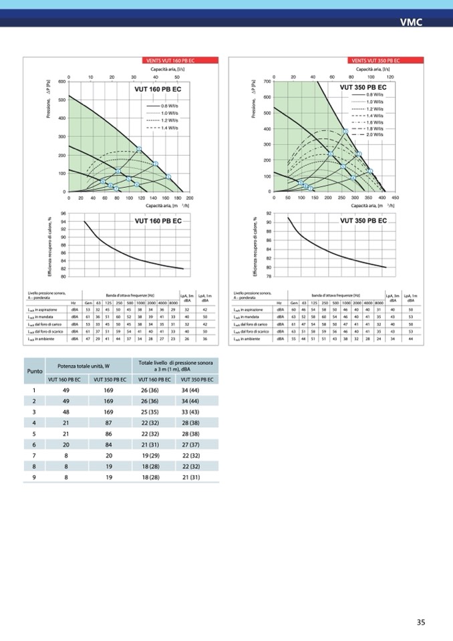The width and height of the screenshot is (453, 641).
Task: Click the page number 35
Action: click(x=421, y=622)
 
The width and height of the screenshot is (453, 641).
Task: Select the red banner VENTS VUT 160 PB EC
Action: click(x=164, y=61)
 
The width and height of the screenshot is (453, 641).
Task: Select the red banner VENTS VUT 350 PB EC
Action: click(x=370, y=61)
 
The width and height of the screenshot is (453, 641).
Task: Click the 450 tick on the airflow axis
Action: click(x=395, y=199)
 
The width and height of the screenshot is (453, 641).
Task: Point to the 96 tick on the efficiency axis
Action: click(x=63, y=214)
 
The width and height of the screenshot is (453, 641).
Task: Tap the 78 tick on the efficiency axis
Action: click(x=268, y=276)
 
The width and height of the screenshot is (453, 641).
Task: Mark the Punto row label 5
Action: click(x=34, y=433)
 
